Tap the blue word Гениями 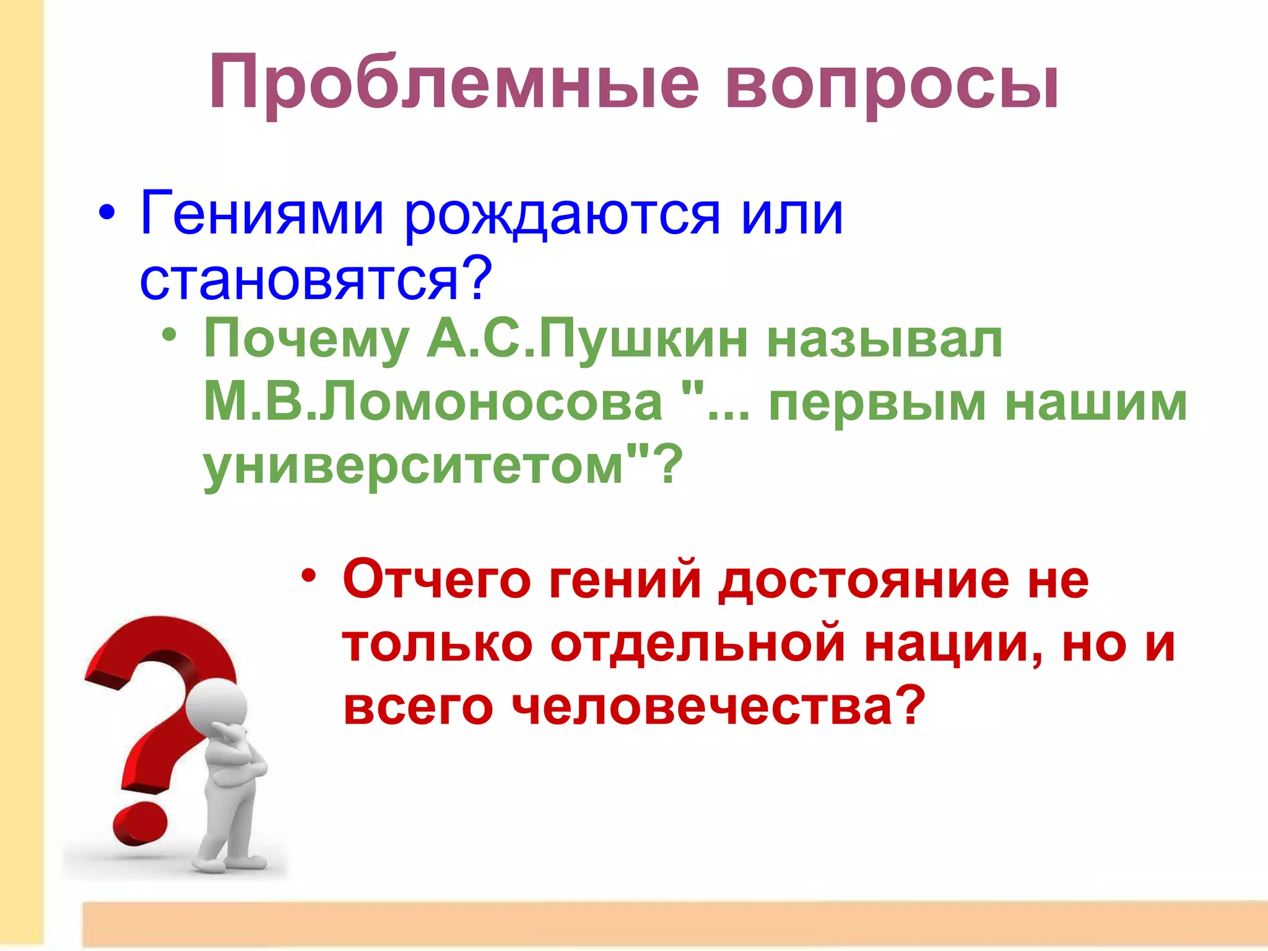tap(262, 214)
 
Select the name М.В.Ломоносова tap(432, 402)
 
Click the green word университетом tap(414, 466)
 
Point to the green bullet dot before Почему tap(169, 335)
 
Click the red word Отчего tap(436, 581)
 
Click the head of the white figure tap(217, 708)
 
